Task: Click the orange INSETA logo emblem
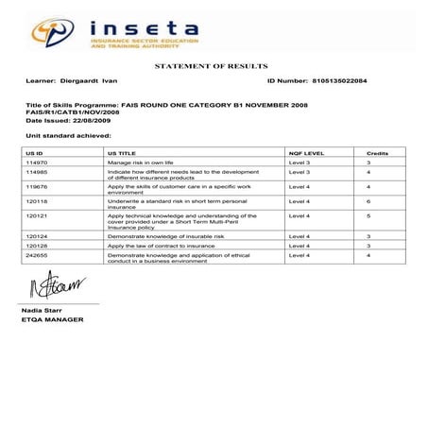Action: pos(54,34)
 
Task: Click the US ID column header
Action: pos(35,152)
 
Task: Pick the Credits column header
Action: pos(377,152)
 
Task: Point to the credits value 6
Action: pos(368,201)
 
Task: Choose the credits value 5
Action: pos(368,215)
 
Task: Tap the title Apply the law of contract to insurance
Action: pos(161,246)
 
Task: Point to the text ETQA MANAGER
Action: pos(52,319)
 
